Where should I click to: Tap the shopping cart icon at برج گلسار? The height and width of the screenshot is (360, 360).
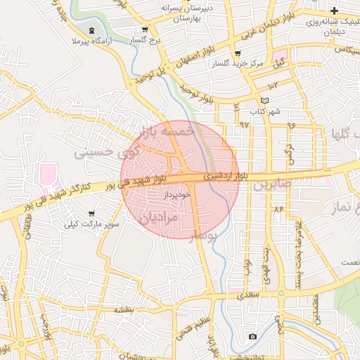(x=145, y=30)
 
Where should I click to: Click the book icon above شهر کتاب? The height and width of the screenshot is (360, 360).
(x=264, y=101)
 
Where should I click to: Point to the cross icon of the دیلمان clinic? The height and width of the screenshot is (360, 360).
(x=334, y=11)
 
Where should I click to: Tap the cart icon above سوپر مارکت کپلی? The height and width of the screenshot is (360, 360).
(x=91, y=213)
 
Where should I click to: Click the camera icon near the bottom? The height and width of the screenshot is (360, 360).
(x=252, y=337)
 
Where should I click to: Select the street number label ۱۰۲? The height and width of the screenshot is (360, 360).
(x=274, y=84)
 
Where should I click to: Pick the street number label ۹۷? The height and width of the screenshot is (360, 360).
(x=245, y=124)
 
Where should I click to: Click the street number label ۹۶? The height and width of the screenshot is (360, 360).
(x=291, y=125)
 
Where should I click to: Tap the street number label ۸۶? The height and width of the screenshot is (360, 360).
(x=278, y=208)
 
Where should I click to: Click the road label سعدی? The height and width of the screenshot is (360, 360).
(x=247, y=296)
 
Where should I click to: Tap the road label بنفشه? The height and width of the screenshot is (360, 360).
(x=122, y=310)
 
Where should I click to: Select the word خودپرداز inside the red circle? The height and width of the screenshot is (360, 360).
(x=177, y=195)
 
